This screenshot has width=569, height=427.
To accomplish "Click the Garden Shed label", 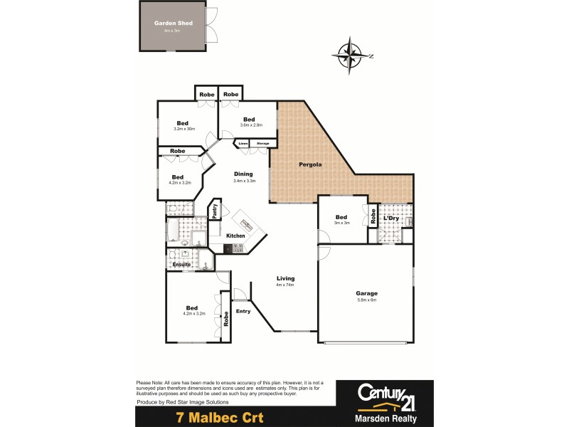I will pyautogui.click(x=174, y=23).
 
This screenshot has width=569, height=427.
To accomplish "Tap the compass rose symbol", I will pyautogui.click(x=349, y=56).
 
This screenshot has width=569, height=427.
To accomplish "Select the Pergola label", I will pyautogui.click(x=310, y=164).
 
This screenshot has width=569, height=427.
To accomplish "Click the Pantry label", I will pyautogui.click(x=213, y=211).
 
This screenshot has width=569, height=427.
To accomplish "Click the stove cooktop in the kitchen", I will pyautogui.click(x=238, y=248).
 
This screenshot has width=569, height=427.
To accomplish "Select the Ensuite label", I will pyautogui.click(x=181, y=265).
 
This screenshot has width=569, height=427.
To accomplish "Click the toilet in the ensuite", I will pyautogui.click(x=206, y=265).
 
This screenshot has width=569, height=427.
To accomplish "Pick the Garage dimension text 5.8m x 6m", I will pyautogui.click(x=366, y=300).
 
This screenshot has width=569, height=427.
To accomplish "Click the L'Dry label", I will pyautogui.click(x=391, y=217).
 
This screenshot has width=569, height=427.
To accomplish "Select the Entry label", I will pyautogui.click(x=243, y=311).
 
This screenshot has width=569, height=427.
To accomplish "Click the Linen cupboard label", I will pyautogui.click(x=243, y=143).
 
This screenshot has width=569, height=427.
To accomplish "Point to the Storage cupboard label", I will pyautogui.click(x=262, y=143).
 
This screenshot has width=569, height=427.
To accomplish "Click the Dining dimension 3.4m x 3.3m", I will pyautogui.click(x=243, y=181).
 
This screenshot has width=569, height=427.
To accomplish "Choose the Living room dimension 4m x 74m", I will pyautogui.click(x=284, y=285).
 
